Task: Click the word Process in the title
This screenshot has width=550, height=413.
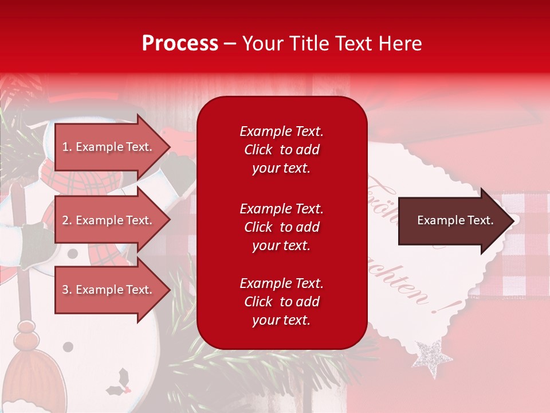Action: (x=180, y=44)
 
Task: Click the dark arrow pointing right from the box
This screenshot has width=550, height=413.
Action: (x=455, y=220)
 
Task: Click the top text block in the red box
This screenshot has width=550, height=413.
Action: (x=281, y=150)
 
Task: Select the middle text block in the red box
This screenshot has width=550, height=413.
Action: (x=281, y=227)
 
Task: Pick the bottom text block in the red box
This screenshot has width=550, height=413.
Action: (x=281, y=302)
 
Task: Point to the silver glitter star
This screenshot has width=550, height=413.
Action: (x=434, y=357)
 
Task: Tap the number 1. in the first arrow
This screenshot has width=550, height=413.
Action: (x=67, y=147)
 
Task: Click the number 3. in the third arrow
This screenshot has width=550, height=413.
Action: (x=67, y=290)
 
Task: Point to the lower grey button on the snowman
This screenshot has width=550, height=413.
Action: (x=68, y=346)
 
